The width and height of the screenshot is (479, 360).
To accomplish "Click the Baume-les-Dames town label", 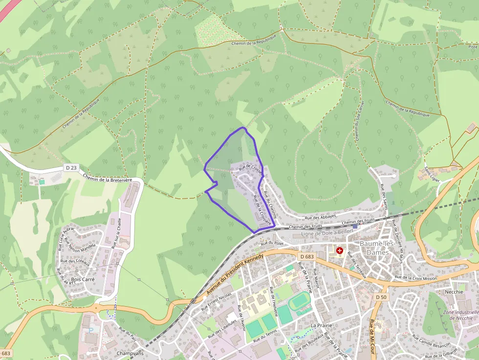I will [x=374, y=248].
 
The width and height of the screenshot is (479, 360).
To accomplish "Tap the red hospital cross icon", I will [x=340, y=251].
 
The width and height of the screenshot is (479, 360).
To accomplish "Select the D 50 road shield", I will [x=381, y=297].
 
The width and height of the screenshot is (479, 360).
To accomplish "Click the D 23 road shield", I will [x=71, y=168].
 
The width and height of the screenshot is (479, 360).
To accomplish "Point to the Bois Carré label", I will [x=83, y=280].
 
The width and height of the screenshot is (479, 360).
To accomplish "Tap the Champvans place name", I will [x=130, y=353].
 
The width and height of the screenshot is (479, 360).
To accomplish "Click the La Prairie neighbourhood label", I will [x=321, y=325].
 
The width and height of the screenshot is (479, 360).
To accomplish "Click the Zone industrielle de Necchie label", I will [x=460, y=315].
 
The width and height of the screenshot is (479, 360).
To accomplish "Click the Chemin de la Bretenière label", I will [x=108, y=179].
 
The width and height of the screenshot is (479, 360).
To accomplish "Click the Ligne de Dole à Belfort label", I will [x=323, y=234].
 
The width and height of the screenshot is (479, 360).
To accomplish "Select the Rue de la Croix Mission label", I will [x=415, y=277].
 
